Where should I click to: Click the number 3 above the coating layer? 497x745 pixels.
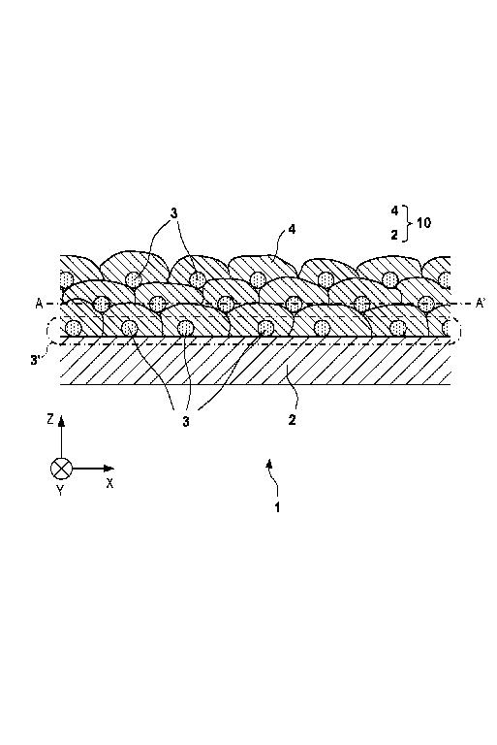(x=173, y=213)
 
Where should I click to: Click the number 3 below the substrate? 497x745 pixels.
(x=186, y=421)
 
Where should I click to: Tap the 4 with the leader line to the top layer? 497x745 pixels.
(x=292, y=230)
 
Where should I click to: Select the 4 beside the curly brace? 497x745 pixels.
(x=394, y=211)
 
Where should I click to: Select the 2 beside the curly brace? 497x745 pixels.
(x=394, y=235)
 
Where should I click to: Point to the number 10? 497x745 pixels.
(x=424, y=222)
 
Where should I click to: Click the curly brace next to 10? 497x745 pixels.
(x=406, y=223)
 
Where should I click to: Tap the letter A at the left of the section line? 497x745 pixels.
(x=39, y=303)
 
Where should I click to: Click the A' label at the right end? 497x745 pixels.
(x=481, y=303)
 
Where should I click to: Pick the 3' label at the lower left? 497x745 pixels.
(x=35, y=361)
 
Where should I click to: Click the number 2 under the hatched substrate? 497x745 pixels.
(x=292, y=420)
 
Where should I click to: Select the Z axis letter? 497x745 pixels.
(x=49, y=419)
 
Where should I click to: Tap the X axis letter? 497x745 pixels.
(x=110, y=484)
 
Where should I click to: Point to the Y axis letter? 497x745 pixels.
(x=60, y=490)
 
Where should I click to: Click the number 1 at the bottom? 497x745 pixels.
(x=277, y=507)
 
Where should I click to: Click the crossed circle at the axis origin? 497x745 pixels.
(x=61, y=469)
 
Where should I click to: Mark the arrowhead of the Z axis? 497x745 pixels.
(x=61, y=422)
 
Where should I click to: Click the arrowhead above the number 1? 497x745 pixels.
(x=269, y=465)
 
